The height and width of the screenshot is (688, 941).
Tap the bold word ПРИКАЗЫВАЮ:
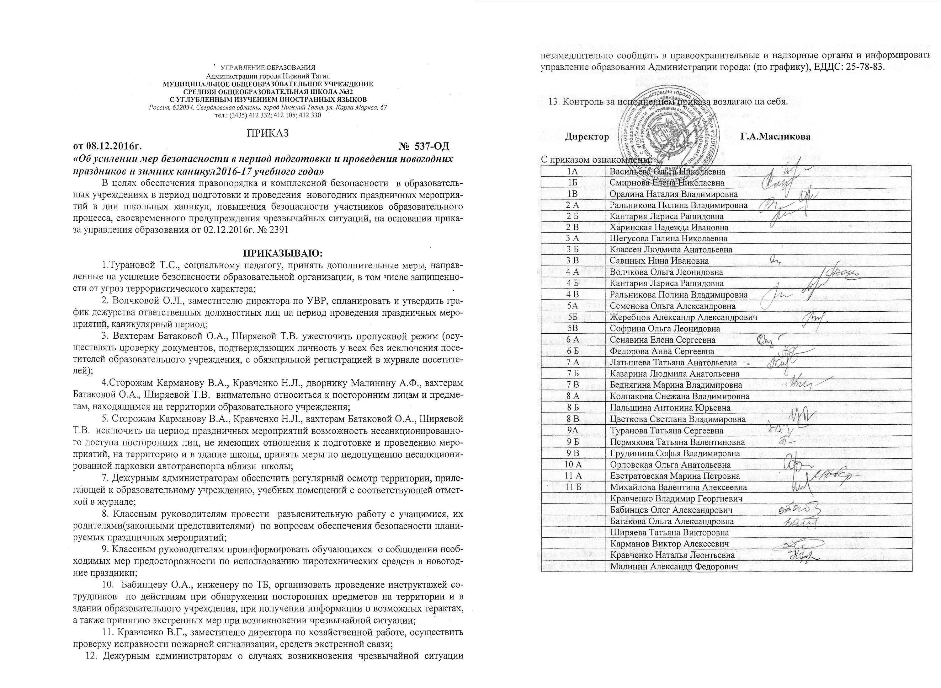(x=283, y=253)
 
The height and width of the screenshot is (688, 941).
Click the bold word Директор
(x=587, y=137)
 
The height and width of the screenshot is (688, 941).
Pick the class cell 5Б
(x=573, y=317)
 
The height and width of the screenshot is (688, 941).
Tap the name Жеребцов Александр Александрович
(x=683, y=317)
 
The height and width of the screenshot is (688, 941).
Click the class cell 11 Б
(x=573, y=487)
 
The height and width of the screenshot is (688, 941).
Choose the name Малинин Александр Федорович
(x=669, y=567)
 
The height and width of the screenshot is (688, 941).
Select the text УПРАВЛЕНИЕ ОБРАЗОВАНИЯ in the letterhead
(x=268, y=67)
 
